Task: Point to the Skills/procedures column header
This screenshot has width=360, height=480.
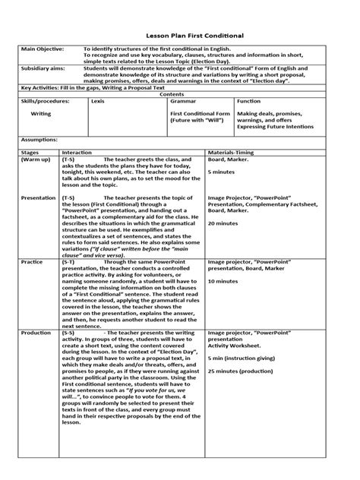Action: [x=45, y=100]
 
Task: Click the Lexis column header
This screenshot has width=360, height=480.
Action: [x=97, y=100]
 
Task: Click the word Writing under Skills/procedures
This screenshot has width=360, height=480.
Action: [x=40, y=114]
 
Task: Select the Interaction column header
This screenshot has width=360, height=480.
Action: [x=77, y=153]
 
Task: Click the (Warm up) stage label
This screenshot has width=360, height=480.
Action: [x=35, y=159]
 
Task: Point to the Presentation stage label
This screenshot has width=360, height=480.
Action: [x=38, y=197]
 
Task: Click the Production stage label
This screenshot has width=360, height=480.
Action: [x=36, y=332]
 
